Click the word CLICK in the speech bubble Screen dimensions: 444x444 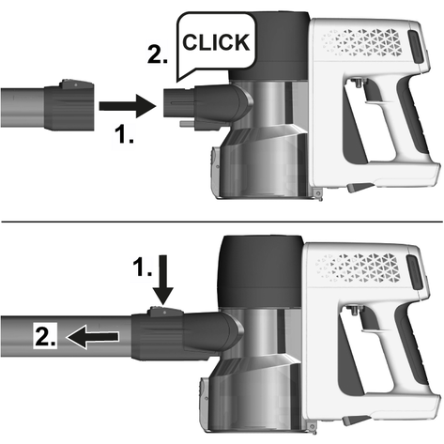click(216, 42)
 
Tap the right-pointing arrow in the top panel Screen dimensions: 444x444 click(128, 106)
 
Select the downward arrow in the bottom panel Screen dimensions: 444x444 click(163, 280)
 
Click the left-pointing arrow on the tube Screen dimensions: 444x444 click(92, 337)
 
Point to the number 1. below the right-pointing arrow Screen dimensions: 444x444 click(124, 134)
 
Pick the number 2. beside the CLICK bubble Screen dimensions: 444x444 click(158, 54)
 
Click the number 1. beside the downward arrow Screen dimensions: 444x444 click(142, 267)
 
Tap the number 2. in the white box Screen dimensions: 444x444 click(45, 336)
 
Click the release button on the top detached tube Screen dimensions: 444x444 click(76, 84)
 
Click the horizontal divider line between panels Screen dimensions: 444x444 click(222, 222)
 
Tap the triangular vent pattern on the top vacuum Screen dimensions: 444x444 click(361, 42)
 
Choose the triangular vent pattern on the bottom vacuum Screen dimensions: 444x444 click(358, 267)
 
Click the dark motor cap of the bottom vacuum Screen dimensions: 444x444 click(262, 271)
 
